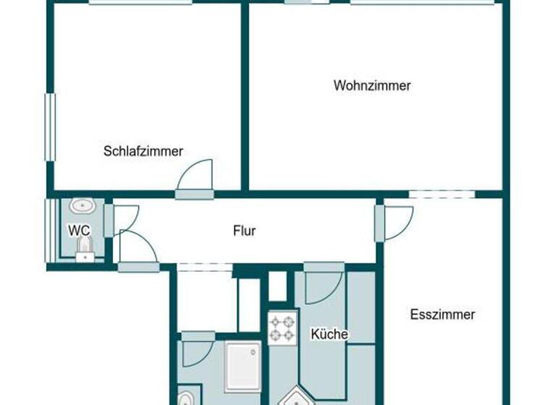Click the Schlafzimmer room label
[143, 151]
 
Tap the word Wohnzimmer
[372, 85]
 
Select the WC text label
[79, 231]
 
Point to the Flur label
[244, 231]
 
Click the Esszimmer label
[442, 315]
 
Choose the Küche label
[329, 334]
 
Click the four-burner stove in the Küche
[282, 328]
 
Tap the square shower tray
[242, 366]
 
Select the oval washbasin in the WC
[83, 206]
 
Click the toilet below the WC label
[85, 250]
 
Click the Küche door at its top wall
[324, 284]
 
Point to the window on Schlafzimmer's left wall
[51, 127]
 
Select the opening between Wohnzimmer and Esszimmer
[442, 194]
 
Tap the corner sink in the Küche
[296, 396]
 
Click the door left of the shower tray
[197, 349]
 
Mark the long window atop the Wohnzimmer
[424, 2]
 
